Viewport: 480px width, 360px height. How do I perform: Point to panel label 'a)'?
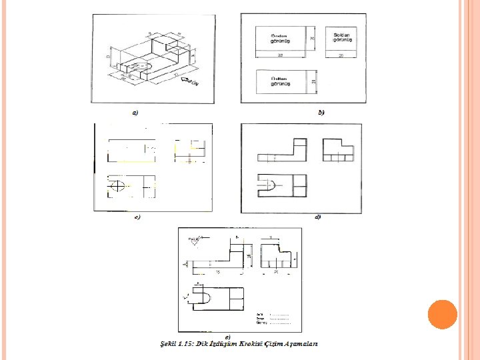135,113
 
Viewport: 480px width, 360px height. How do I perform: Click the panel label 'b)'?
321,113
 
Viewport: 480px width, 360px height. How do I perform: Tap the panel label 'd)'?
318,217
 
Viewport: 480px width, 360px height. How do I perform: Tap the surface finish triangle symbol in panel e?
195,240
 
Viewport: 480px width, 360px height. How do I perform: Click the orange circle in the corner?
441,315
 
